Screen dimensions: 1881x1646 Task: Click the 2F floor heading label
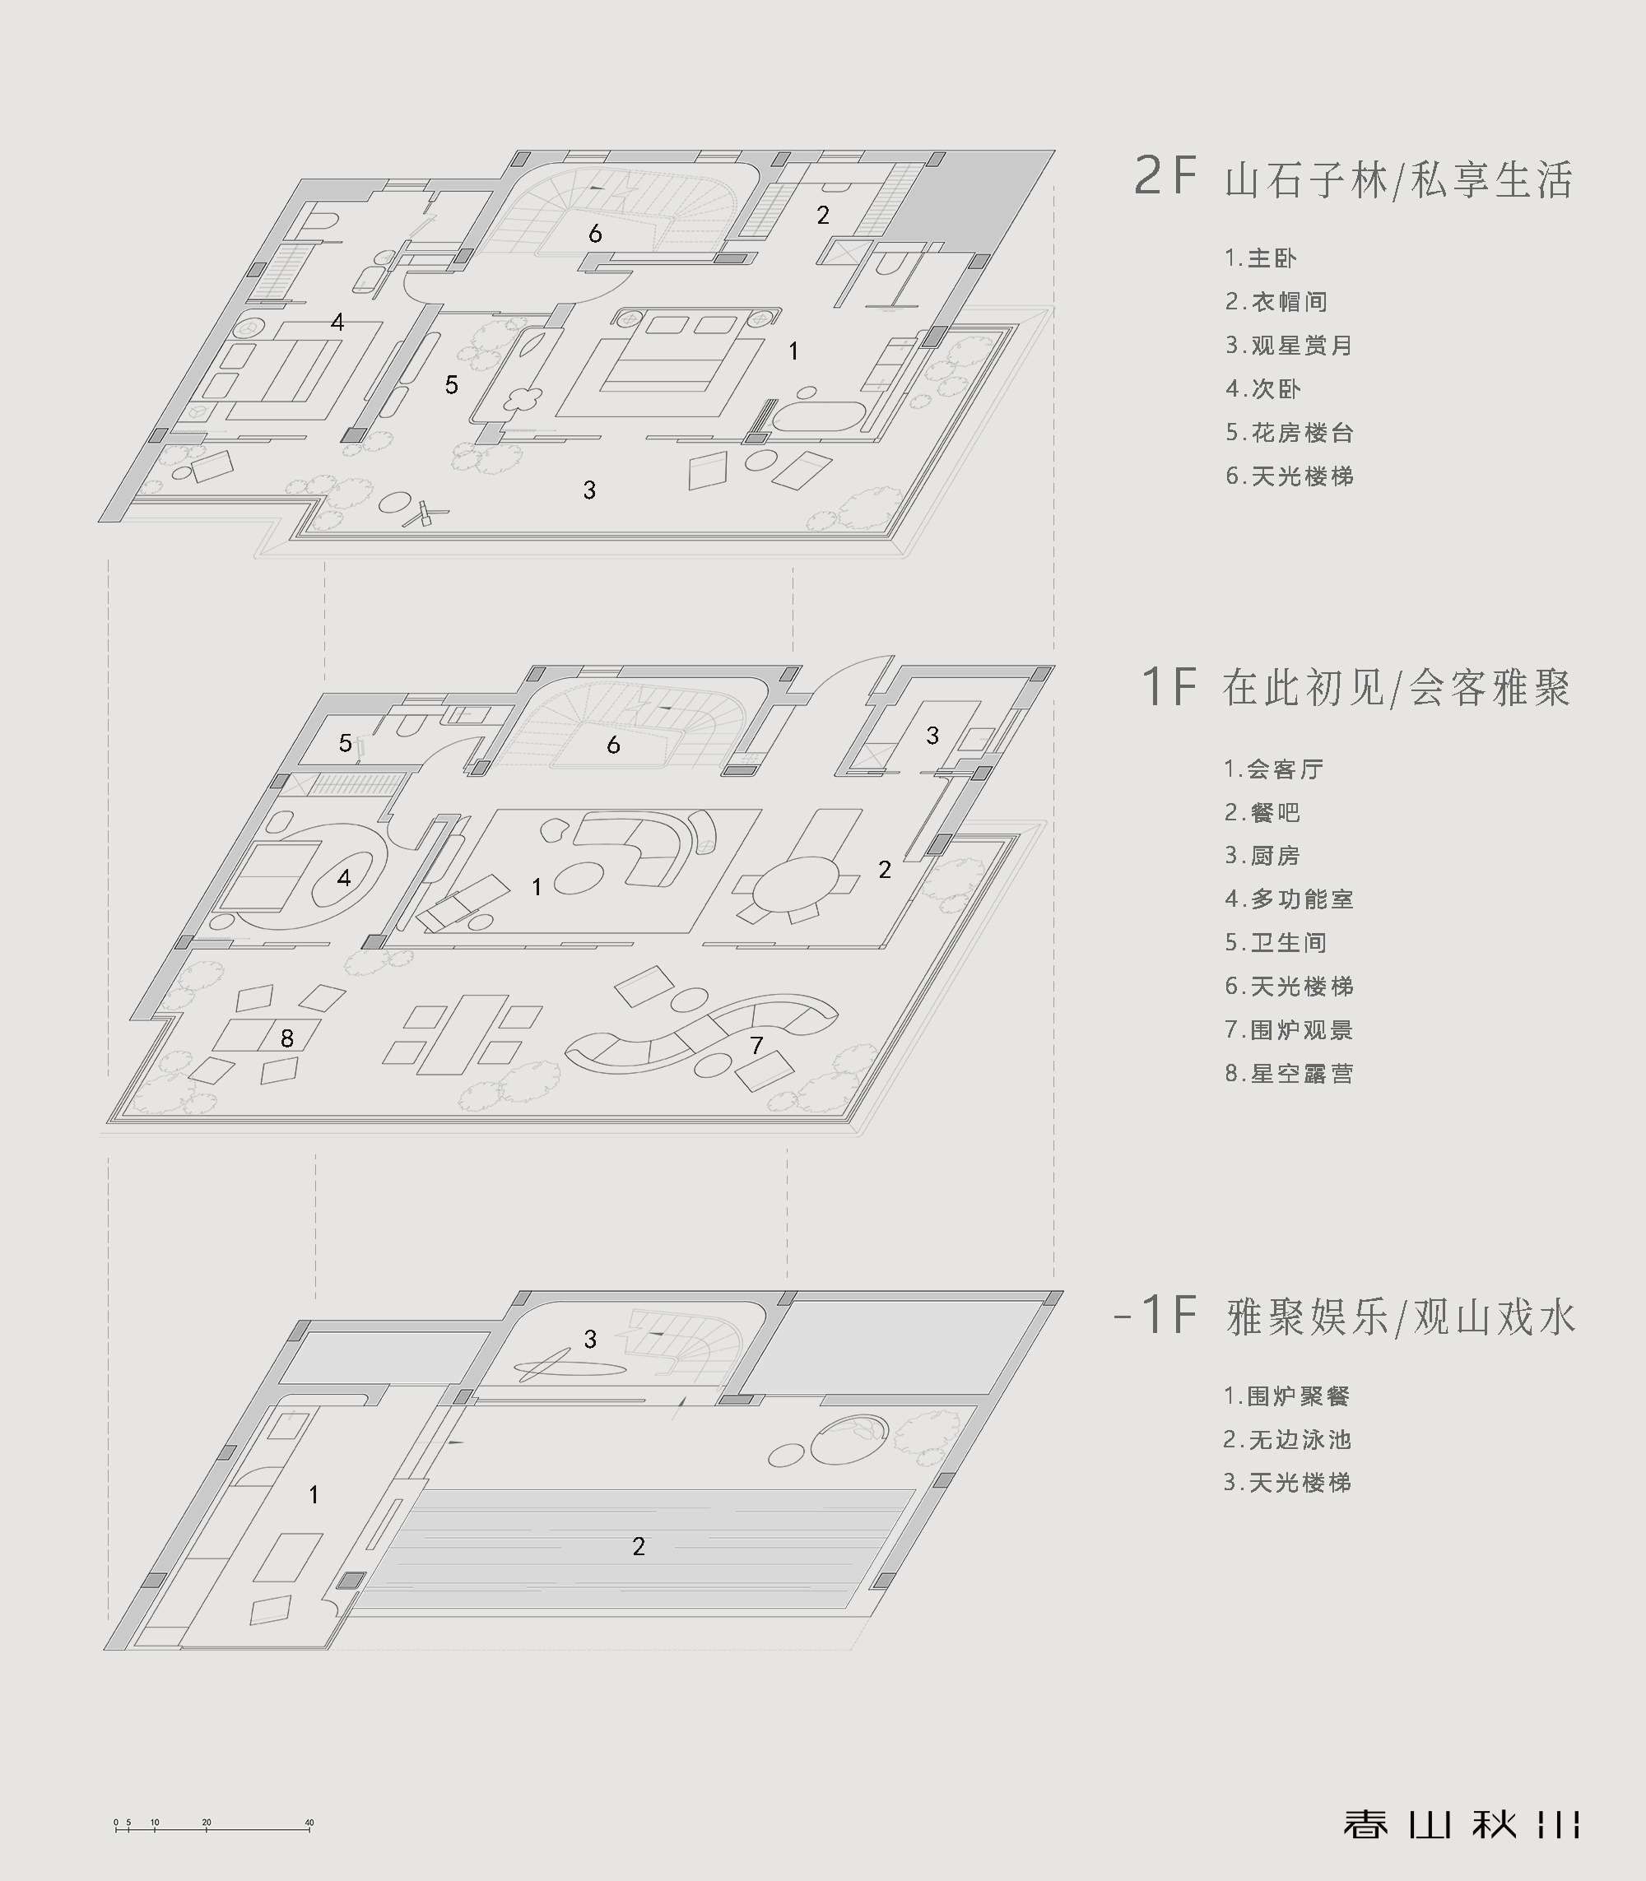1354,177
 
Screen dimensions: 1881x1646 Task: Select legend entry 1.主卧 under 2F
1260,258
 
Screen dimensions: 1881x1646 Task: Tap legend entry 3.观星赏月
1289,346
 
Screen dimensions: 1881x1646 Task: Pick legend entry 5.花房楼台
1289,433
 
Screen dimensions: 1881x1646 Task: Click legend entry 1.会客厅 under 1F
1273,769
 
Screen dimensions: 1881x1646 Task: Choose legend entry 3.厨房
1261,855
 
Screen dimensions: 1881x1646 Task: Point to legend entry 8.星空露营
1288,1073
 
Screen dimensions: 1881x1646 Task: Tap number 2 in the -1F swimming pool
639,1547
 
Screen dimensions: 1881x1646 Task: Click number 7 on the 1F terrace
756,1045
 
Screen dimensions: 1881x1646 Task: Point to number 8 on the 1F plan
287,1038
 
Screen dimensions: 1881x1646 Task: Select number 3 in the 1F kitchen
932,735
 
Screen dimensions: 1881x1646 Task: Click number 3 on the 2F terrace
588,490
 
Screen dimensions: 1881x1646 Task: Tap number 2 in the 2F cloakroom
823,215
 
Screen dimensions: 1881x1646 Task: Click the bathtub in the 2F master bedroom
817,417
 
